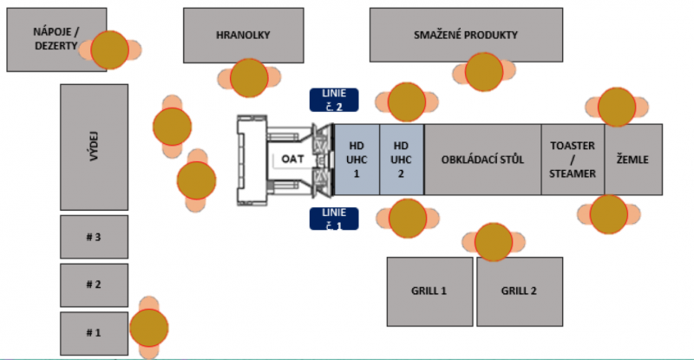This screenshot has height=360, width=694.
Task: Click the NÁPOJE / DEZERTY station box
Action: (43, 39)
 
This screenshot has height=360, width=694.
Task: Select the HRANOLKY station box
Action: (243, 35)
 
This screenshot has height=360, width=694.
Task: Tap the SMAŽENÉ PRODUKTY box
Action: (464, 35)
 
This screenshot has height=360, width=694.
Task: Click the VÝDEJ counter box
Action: (94, 147)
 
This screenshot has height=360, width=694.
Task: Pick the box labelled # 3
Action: (94, 235)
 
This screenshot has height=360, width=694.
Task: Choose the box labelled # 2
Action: (94, 285)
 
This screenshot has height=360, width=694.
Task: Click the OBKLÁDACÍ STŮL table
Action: (482, 160)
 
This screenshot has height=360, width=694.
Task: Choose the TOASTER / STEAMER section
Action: (573, 160)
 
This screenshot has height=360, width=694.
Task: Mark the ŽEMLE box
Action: (633, 160)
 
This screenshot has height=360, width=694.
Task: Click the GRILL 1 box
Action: (429, 291)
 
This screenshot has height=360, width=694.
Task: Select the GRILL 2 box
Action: (519, 291)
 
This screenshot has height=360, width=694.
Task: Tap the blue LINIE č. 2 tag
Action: (334, 100)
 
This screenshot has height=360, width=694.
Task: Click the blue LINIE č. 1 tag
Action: (334, 219)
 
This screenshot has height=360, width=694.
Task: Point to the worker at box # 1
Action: (149, 327)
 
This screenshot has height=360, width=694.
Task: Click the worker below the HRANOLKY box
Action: (249, 78)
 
